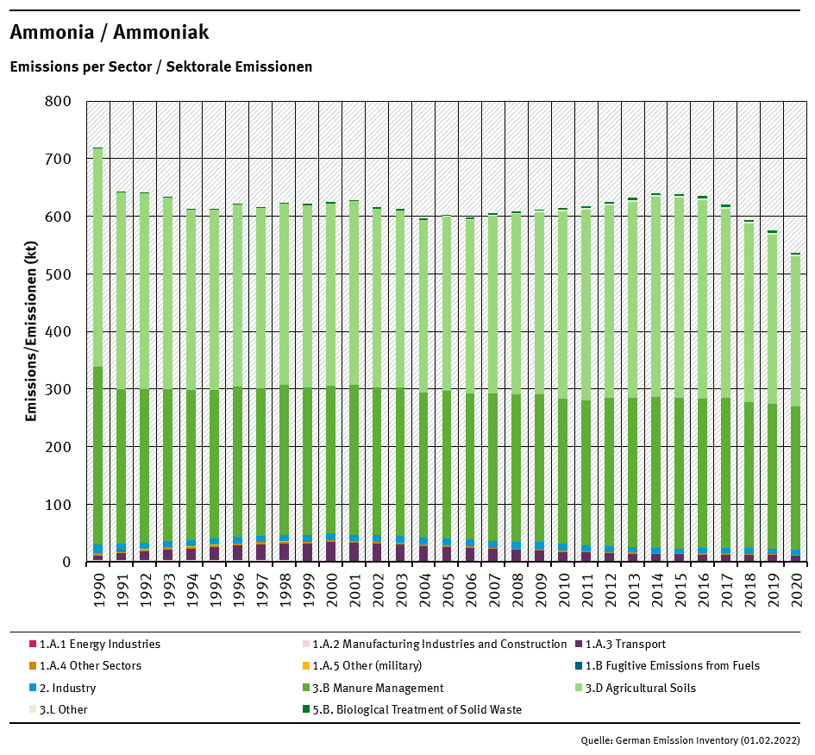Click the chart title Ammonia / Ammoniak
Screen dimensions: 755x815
coord(109,33)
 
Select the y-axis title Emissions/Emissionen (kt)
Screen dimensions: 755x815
coord(31,331)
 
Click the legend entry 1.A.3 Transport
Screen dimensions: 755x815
coord(625,644)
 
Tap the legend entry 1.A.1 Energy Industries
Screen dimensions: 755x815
coord(99,644)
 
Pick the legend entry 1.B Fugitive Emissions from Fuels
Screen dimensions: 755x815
coord(672,666)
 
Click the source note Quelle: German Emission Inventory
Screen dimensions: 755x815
coord(691,740)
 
